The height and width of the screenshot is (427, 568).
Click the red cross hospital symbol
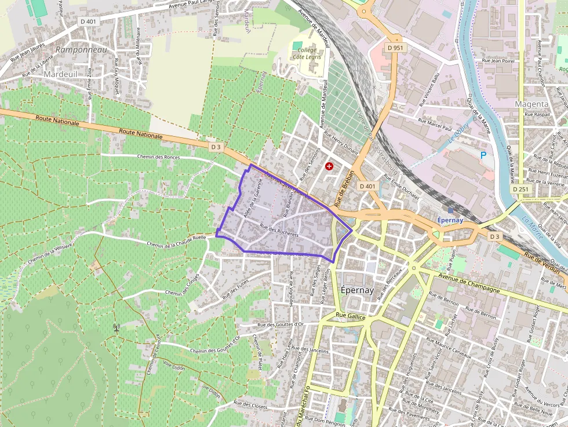pos(330,166)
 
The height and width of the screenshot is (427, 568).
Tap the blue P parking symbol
pos(483,155)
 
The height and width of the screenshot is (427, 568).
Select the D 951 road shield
pos(395,47)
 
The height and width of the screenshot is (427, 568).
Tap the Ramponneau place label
pos(82,50)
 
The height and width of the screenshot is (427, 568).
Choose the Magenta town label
pos(531,104)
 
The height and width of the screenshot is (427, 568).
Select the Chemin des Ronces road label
pos(159,157)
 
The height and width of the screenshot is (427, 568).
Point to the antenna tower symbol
pos(116,328)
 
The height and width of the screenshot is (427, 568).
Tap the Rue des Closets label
pos(250,406)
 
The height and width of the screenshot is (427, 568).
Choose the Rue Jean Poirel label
pos(498,60)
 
